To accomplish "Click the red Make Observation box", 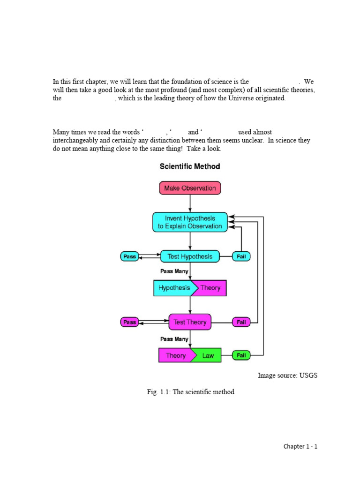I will pyautogui.click(x=190, y=188).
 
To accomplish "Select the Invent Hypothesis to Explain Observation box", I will pyautogui.click(x=190, y=222).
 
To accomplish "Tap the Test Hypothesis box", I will pyautogui.click(x=190, y=256).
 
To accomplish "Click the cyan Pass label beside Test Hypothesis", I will pyautogui.click(x=129, y=256).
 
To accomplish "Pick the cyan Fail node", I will pyautogui.click(x=241, y=256).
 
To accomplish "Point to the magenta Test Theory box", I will pyautogui.click(x=190, y=322).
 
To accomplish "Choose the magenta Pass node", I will pyautogui.click(x=129, y=322).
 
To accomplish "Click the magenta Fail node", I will pyautogui.click(x=241, y=322).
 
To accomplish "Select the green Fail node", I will pyautogui.click(x=241, y=355).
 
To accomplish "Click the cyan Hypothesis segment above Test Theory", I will pyautogui.click(x=173, y=288).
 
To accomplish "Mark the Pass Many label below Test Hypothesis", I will pyautogui.click(x=174, y=271).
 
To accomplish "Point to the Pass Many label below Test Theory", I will pyautogui.click(x=174, y=339).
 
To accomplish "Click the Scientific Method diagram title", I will pyautogui.click(x=190, y=166).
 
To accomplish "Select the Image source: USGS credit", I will pyautogui.click(x=287, y=375).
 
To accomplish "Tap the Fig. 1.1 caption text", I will pyautogui.click(x=190, y=392).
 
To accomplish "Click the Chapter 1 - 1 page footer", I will pyautogui.click(x=300, y=446).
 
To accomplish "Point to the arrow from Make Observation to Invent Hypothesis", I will pyautogui.click(x=190, y=203).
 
